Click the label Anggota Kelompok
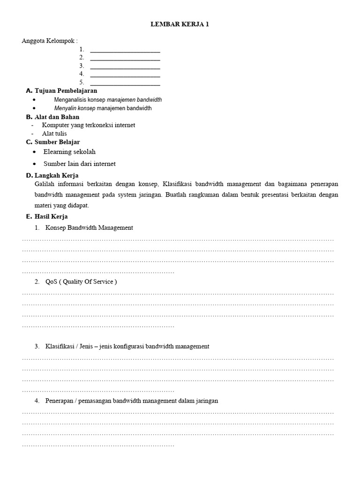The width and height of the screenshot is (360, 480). [49, 41]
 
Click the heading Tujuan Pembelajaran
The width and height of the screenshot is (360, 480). [66, 90]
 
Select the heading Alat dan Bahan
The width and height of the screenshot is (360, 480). [57, 117]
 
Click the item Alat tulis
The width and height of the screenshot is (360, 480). [54, 134]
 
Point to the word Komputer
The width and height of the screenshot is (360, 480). [55, 125]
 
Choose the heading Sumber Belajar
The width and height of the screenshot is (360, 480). [57, 142]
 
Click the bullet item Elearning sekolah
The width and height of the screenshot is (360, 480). [69, 152]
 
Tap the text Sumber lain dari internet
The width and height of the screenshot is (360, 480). [79, 164]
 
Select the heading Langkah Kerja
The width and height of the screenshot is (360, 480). [56, 176]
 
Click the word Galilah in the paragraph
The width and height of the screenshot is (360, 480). [44, 184]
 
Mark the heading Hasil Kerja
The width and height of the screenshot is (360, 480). [51, 217]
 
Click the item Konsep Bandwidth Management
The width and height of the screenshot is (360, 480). [89, 228]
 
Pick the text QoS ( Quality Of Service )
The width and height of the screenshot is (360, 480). [81, 282]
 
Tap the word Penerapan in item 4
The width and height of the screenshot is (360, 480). [59, 401]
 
